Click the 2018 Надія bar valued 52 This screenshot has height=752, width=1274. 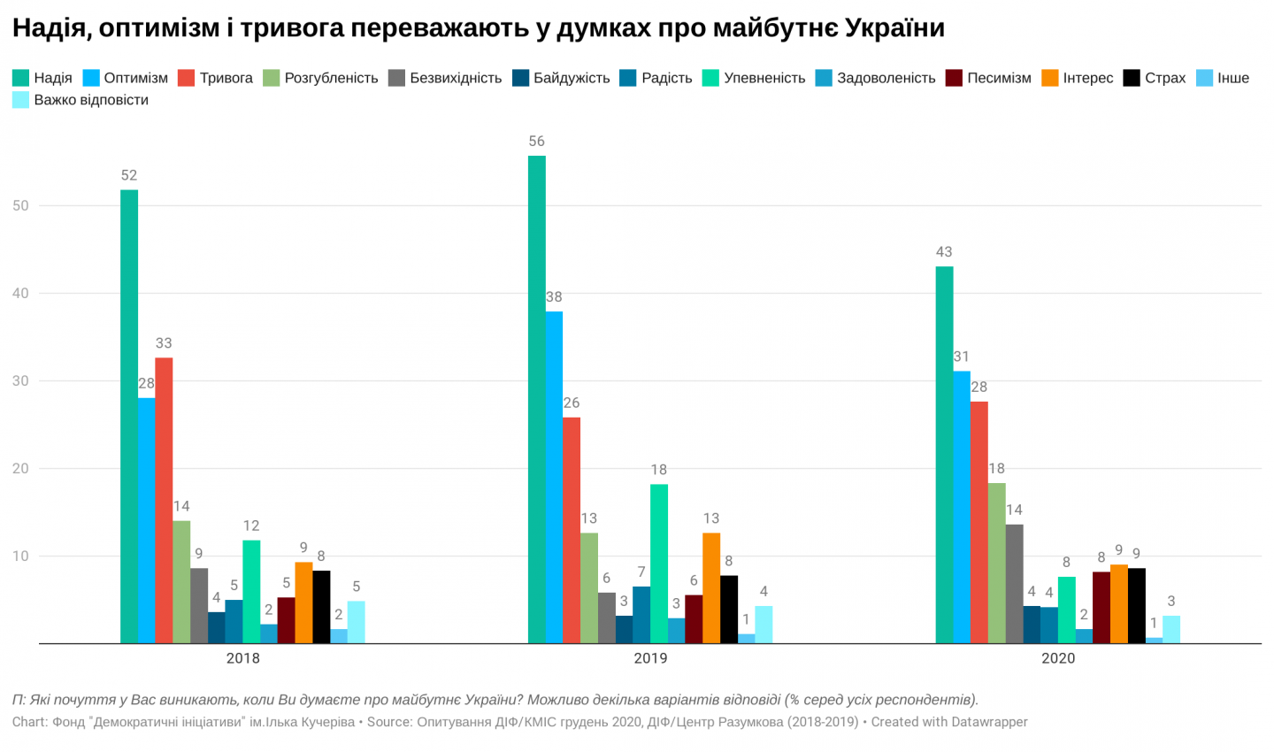tap(129, 416)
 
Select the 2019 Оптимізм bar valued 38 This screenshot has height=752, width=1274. tap(554, 477)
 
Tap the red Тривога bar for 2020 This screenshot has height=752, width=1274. tap(979, 522)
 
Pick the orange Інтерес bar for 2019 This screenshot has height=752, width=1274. tap(711, 587)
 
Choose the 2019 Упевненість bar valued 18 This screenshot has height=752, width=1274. tap(659, 564)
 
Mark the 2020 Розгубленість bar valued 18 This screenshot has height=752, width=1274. tap(997, 563)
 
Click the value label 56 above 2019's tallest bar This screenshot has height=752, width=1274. tap(536, 142)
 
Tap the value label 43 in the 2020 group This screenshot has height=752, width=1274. tap(944, 252)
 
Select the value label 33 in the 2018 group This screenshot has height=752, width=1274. tap(164, 343)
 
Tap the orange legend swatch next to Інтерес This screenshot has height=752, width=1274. tap(1050, 78)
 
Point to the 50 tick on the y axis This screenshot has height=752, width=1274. tap(20, 206)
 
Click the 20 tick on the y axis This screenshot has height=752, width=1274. tap(20, 469)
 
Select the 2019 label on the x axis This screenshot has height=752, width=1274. tap(650, 658)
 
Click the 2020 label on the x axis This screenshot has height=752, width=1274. tap(1058, 658)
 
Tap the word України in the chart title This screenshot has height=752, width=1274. tap(894, 28)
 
